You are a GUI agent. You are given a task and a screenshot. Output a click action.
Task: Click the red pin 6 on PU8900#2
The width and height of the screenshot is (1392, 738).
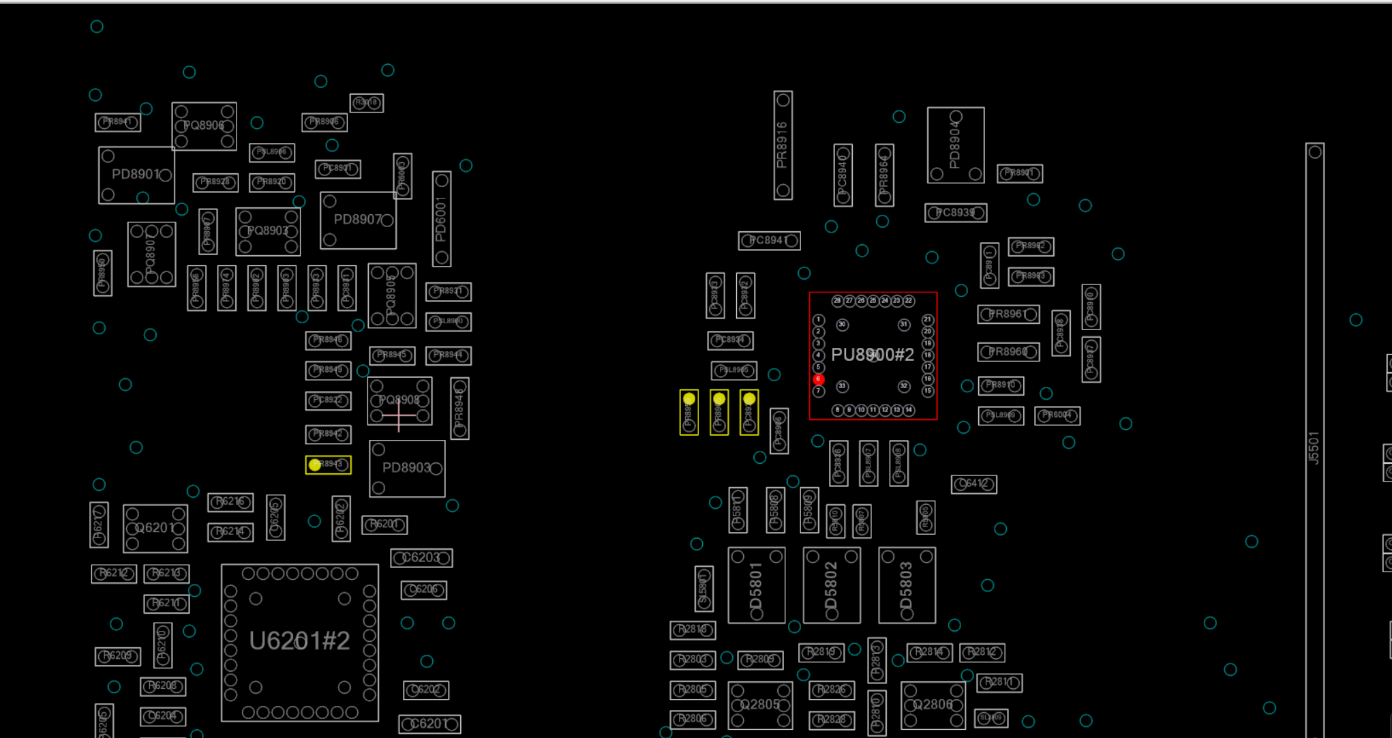pyautogui.click(x=819, y=379)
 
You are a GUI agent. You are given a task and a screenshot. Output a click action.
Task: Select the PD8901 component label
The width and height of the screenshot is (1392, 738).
pyautogui.click(x=136, y=175)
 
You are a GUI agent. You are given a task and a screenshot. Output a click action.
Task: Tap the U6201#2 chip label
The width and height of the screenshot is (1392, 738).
pyautogui.click(x=299, y=641)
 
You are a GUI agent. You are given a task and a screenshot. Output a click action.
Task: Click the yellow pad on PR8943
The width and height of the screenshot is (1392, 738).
pyautogui.click(x=314, y=464)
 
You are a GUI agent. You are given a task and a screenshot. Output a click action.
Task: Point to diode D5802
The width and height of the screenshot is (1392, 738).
pyautogui.click(x=831, y=585)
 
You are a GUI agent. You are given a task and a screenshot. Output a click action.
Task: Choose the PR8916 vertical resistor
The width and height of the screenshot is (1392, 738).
pyautogui.click(x=783, y=145)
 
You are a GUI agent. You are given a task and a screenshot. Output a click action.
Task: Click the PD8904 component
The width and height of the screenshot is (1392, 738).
pyautogui.click(x=955, y=145)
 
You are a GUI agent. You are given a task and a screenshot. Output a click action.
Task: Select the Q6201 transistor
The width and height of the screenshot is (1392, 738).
pyautogui.click(x=155, y=528)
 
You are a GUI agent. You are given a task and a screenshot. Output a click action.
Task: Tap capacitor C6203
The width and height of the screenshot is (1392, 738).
pyautogui.click(x=421, y=558)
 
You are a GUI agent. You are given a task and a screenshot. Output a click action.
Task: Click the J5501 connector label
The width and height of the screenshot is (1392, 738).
pyautogui.click(x=1314, y=448)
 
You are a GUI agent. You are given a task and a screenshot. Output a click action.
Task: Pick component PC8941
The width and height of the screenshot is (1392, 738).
pyautogui.click(x=769, y=241)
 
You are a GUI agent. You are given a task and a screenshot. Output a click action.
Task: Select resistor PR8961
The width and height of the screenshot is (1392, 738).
pyautogui.click(x=1008, y=314)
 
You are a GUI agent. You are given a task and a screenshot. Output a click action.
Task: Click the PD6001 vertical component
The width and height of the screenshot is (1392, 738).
pyautogui.click(x=441, y=219)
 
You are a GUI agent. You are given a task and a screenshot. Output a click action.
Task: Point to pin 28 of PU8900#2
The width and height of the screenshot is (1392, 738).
pyautogui.click(x=837, y=301)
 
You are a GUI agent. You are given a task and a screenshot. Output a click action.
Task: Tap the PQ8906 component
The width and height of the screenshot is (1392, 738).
pyautogui.click(x=204, y=126)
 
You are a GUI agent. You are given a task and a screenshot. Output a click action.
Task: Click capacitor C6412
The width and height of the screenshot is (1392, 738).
pyautogui.click(x=973, y=484)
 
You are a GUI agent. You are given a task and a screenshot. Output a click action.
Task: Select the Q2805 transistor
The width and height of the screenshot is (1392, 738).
pyautogui.click(x=759, y=705)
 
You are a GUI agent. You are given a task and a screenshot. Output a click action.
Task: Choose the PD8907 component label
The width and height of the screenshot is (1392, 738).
pyautogui.click(x=358, y=220)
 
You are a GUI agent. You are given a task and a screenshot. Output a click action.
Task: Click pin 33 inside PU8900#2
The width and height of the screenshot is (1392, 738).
pyautogui.click(x=843, y=386)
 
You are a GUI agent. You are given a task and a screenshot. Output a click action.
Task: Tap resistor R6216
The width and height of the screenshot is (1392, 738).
pyautogui.click(x=230, y=502)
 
